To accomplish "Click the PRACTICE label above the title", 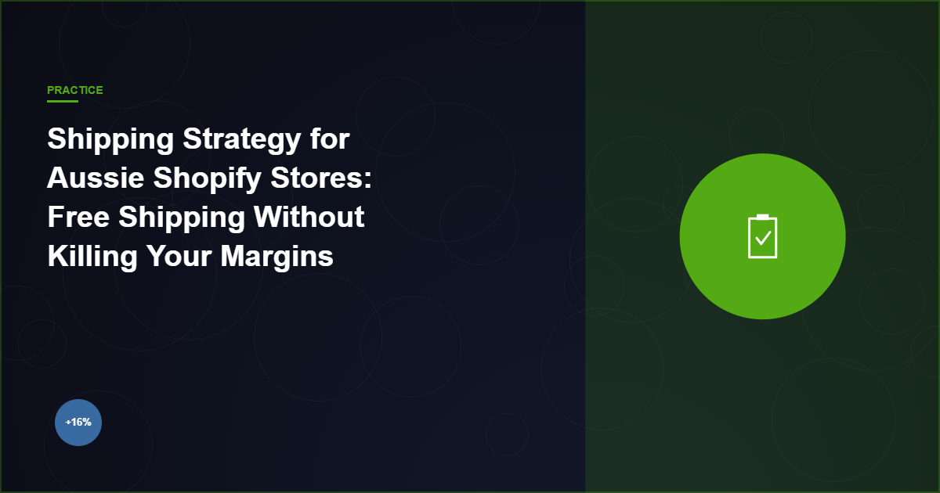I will pos(74,90).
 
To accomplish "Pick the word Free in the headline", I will pos(78,217).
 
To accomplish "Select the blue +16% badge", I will pos(78,423).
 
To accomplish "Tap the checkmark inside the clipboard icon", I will pos(762,238).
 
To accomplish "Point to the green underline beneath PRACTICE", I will pos(63,101).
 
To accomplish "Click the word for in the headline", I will pos(328,140).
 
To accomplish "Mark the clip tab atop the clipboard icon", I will pos(762,217).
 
